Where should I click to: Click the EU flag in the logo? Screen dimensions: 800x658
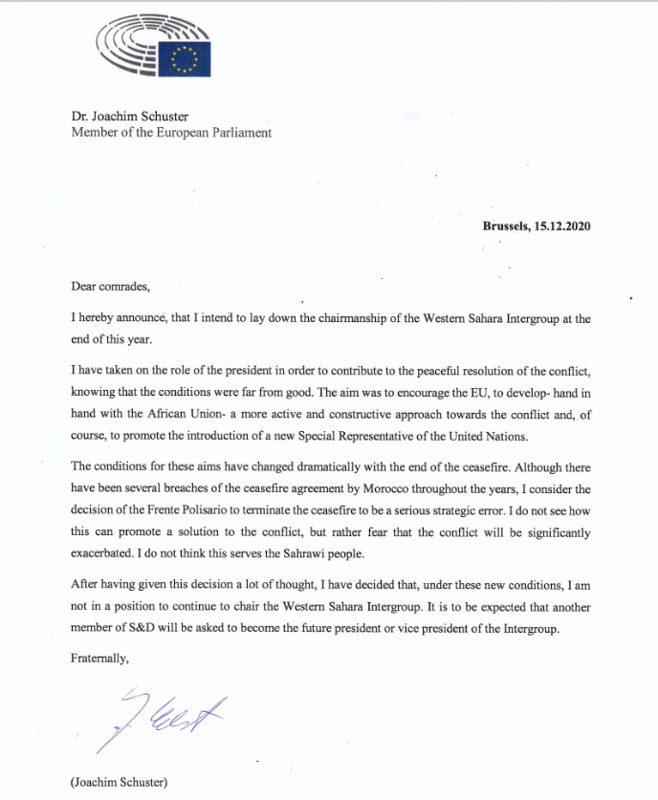point(185,59)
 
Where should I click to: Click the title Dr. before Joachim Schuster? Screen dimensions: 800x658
point(80,116)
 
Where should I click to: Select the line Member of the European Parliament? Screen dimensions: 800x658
point(171,133)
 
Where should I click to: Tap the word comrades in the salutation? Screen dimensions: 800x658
point(124,285)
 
